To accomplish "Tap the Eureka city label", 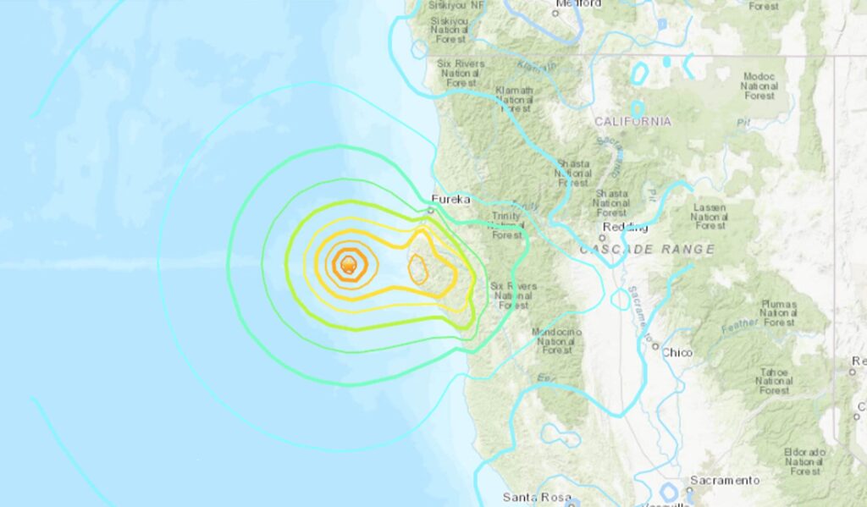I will (x=450, y=201).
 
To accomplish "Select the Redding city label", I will (x=625, y=228).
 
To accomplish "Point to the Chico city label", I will (x=677, y=352).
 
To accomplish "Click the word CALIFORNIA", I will (x=632, y=122).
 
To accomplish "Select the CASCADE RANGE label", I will (x=647, y=250).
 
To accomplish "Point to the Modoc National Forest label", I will (x=759, y=85).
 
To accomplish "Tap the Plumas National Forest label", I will (x=777, y=312).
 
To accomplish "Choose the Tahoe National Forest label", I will (x=774, y=381).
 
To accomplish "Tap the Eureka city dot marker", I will (x=431, y=209).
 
